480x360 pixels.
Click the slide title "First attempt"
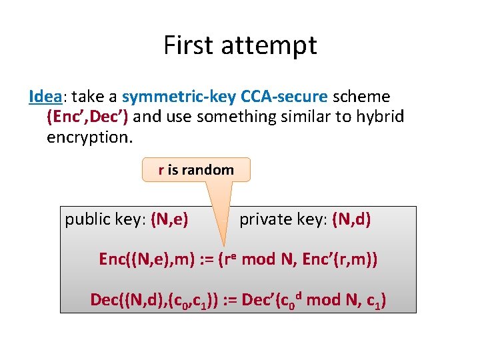(x=240, y=45)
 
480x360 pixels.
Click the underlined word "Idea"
(x=45, y=97)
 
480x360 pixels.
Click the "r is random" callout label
(x=196, y=170)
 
